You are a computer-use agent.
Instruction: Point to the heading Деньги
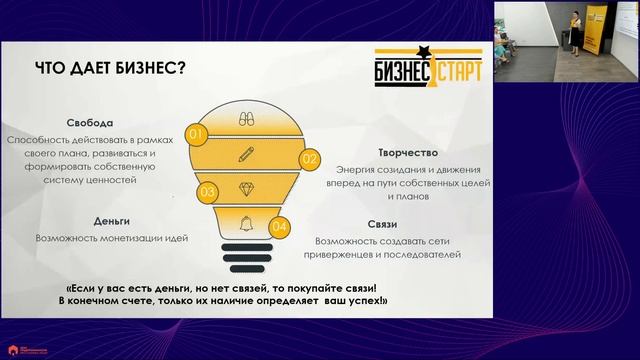tap(86, 220)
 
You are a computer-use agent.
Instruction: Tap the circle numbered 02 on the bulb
tap(309, 158)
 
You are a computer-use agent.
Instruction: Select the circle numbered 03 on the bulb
tap(208, 191)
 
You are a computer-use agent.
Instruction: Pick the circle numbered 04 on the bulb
tap(280, 228)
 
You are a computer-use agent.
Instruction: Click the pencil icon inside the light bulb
tap(246, 153)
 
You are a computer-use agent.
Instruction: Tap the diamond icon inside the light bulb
tap(246, 188)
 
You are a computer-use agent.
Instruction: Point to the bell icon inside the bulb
tap(246, 220)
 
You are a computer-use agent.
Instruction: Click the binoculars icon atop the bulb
tap(246, 119)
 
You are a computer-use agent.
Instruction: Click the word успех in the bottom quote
tap(355, 300)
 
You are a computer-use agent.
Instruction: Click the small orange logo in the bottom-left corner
tap(21, 349)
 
